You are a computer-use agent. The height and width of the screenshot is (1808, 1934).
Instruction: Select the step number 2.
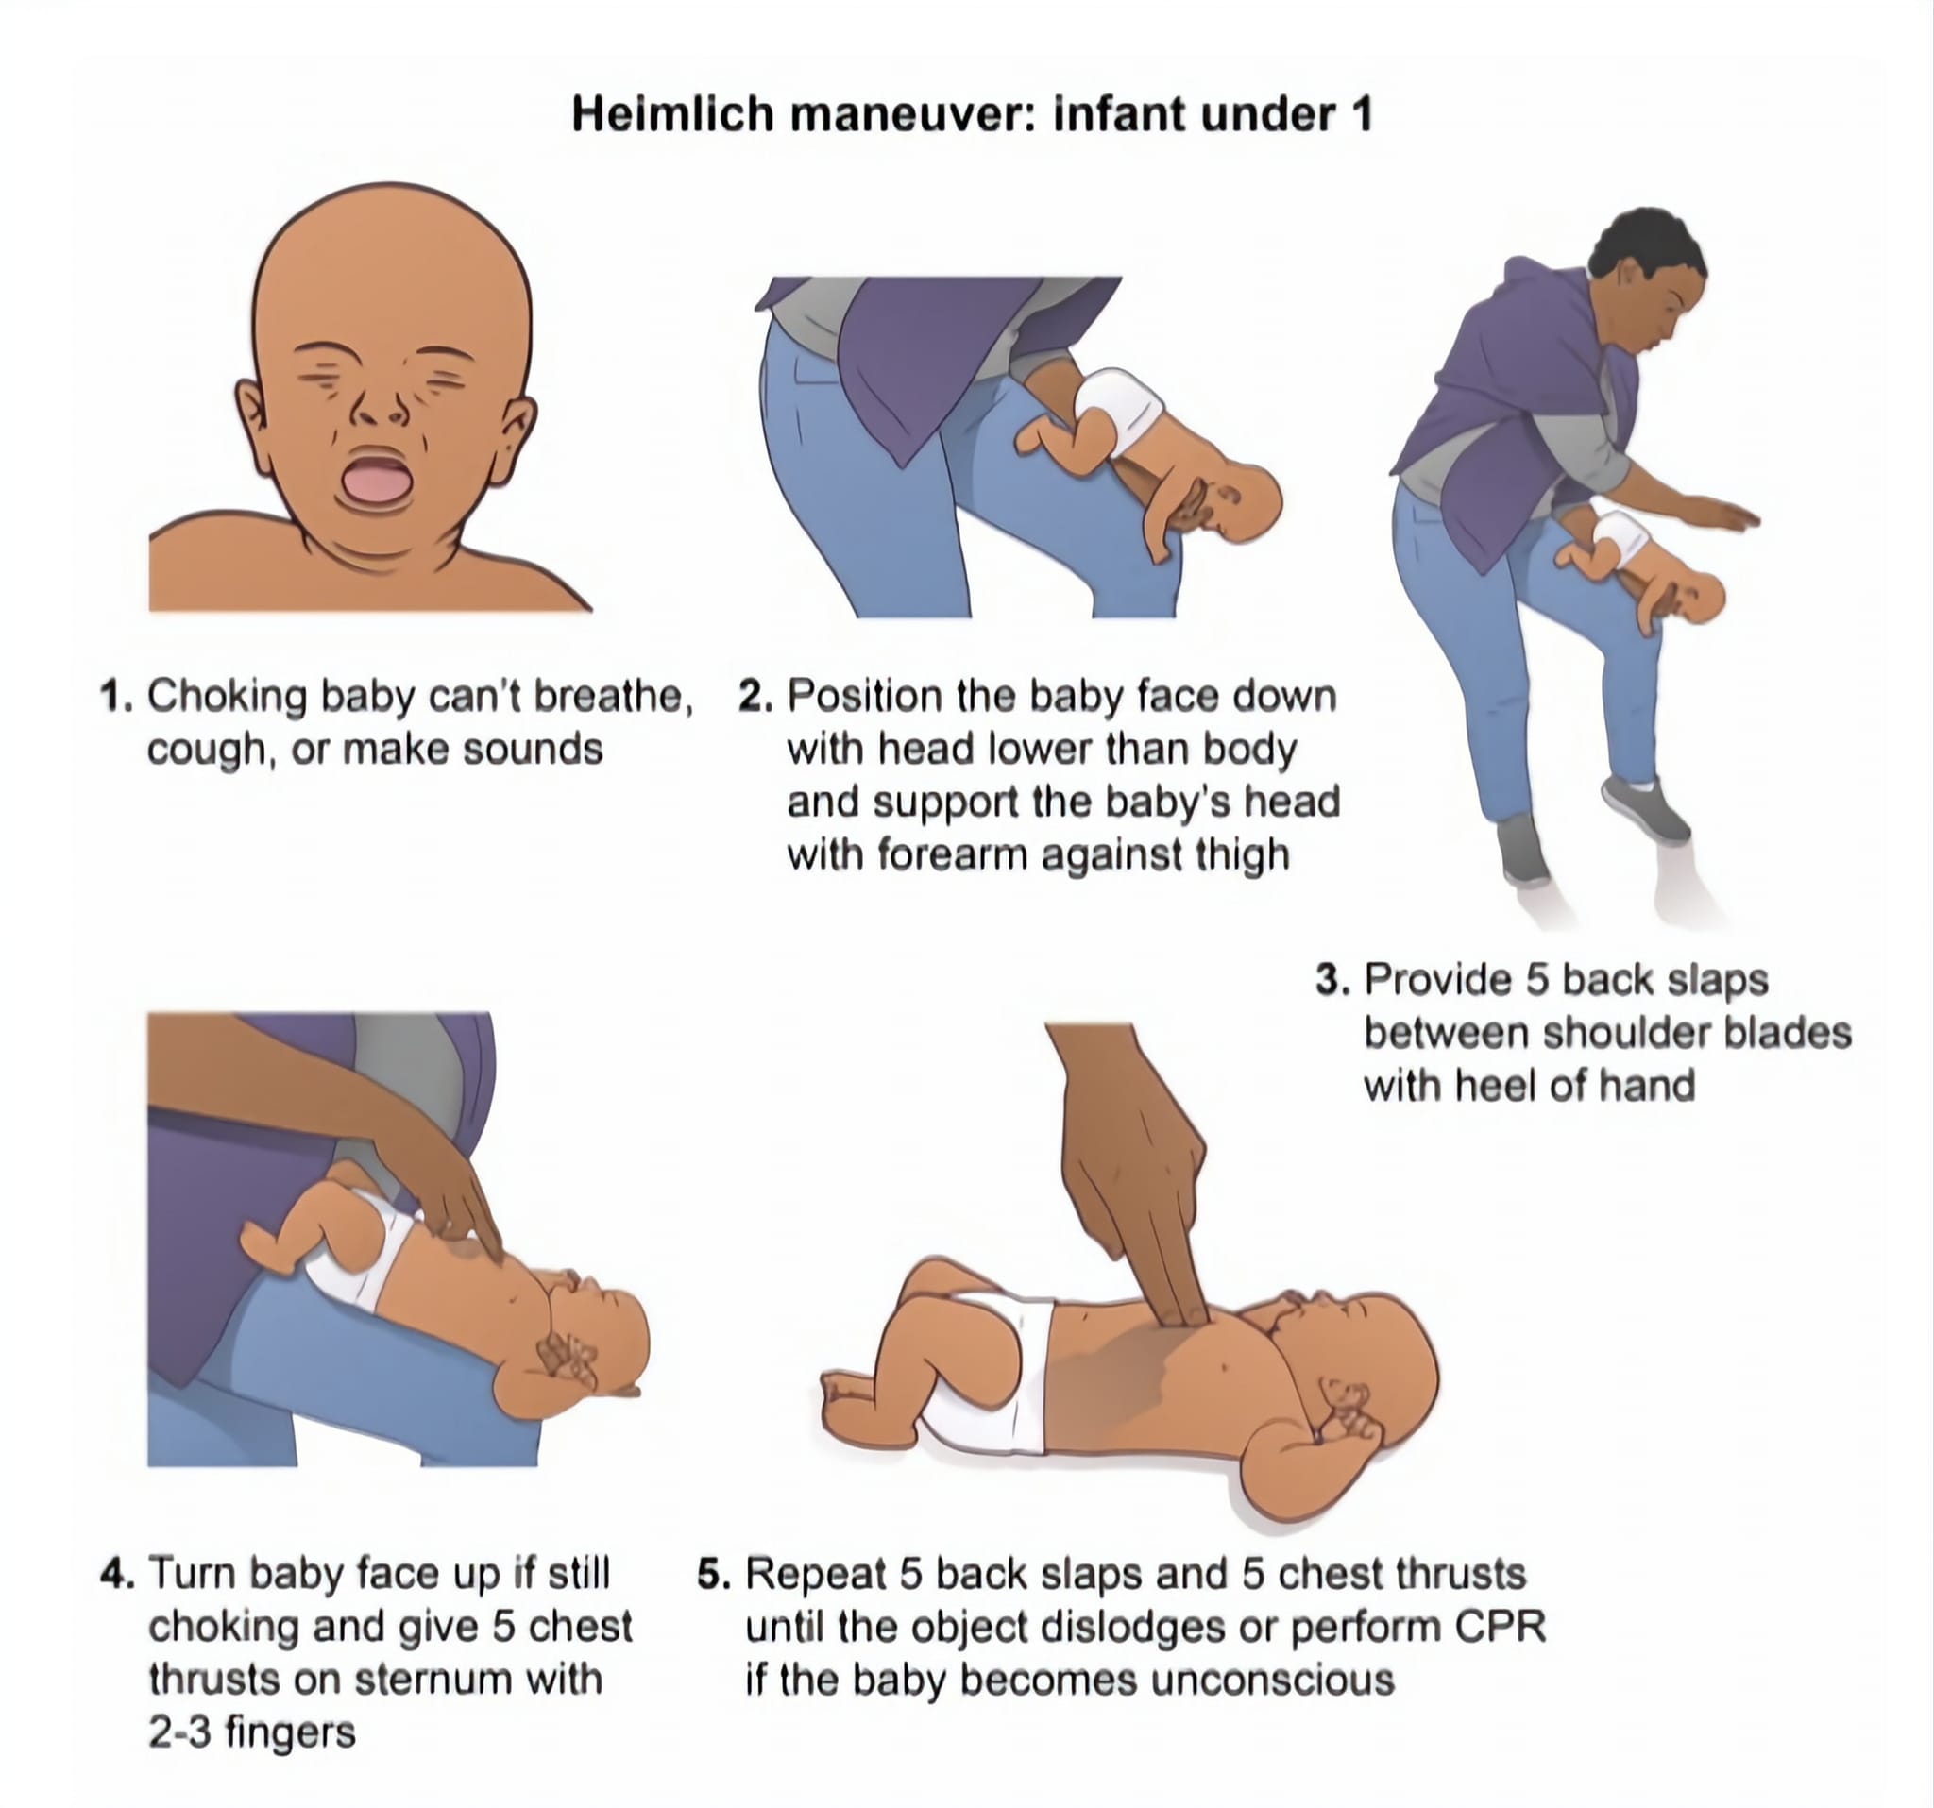point(754,698)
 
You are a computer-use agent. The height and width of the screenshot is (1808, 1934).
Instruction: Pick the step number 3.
point(1332,979)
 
